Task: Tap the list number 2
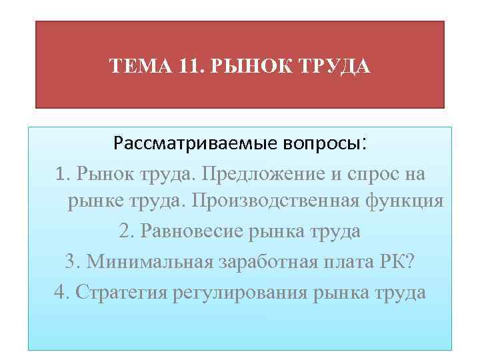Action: tap(125, 231)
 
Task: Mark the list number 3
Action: tap(71, 261)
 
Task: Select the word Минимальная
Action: tap(147, 261)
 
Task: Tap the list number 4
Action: tap(59, 291)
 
